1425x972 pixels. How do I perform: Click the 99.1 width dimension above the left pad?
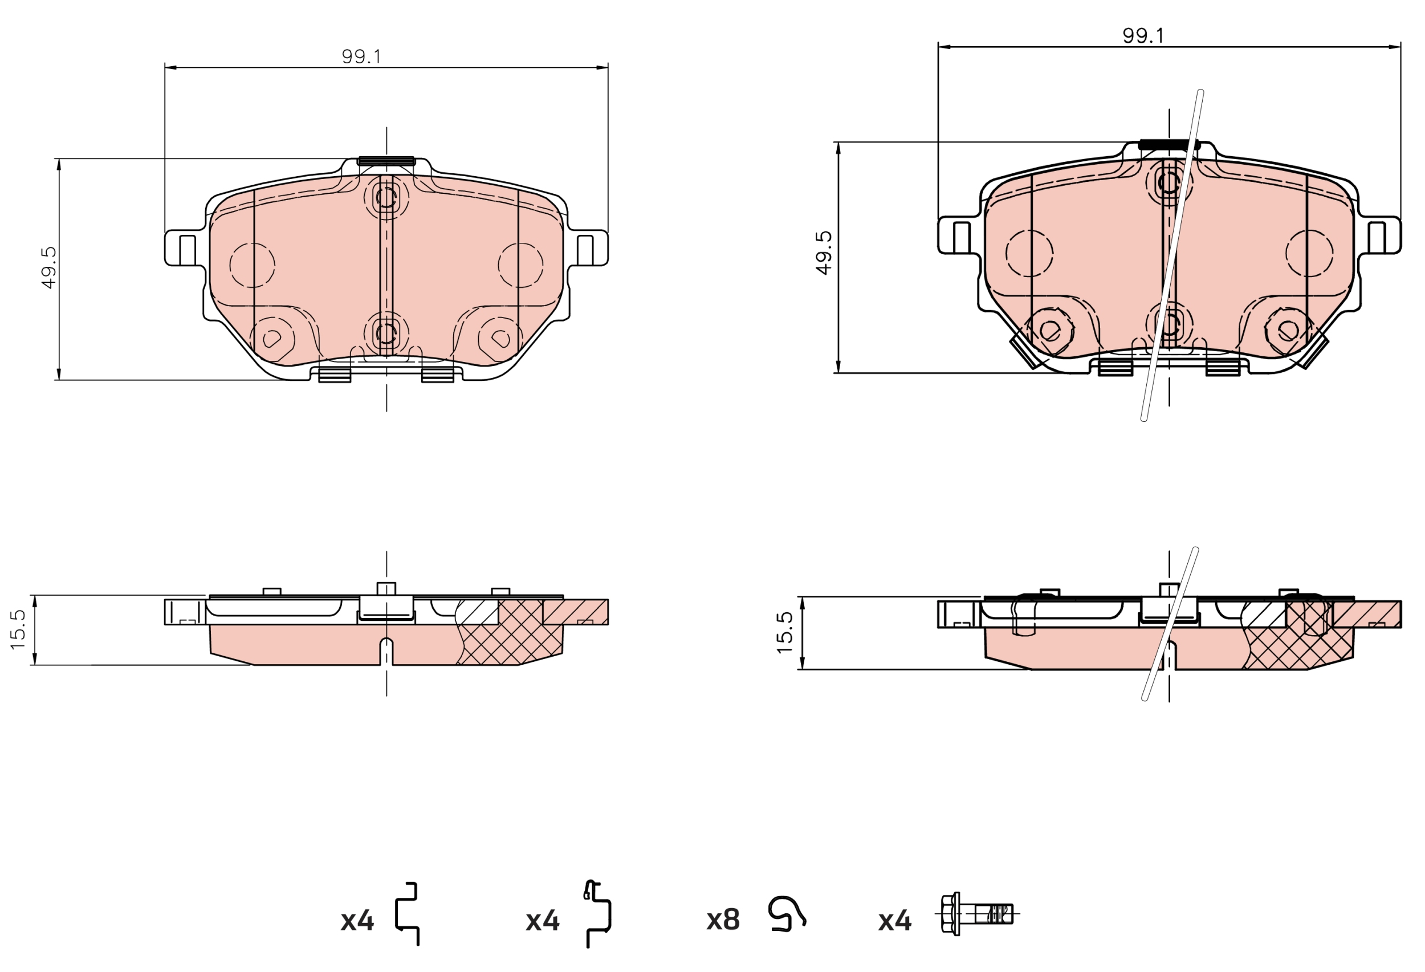tap(361, 56)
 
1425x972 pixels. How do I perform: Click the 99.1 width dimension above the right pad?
tap(1143, 35)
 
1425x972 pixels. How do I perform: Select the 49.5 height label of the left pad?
tap(48, 267)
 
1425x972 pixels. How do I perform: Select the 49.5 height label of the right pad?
tap(824, 253)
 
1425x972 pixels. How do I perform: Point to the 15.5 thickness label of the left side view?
tap(18, 629)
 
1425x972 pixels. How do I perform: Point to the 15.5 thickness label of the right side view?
tap(785, 632)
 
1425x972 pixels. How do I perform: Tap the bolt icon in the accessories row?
tap(976, 914)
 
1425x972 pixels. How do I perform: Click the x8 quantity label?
tap(723, 920)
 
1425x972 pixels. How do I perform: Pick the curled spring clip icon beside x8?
tap(787, 914)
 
